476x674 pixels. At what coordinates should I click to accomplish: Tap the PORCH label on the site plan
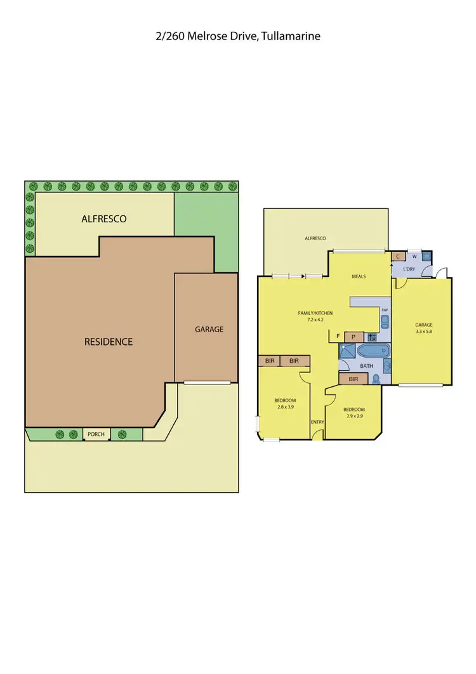[x=96, y=435]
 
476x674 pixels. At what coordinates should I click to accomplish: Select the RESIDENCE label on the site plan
[x=109, y=342]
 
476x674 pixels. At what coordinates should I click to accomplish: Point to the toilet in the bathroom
[x=377, y=379]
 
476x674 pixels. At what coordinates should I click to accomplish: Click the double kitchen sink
[x=384, y=320]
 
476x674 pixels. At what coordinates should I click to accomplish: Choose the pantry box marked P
[x=353, y=336]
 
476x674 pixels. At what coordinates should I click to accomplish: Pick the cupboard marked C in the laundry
[x=398, y=257]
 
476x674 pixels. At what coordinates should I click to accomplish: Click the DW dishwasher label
[x=385, y=309]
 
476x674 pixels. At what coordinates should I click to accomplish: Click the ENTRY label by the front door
[x=317, y=422]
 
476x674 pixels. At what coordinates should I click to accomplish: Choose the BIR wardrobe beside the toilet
[x=354, y=379]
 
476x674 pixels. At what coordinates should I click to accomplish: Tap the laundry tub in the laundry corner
[x=426, y=257]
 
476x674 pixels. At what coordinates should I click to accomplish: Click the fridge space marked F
[x=338, y=336]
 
